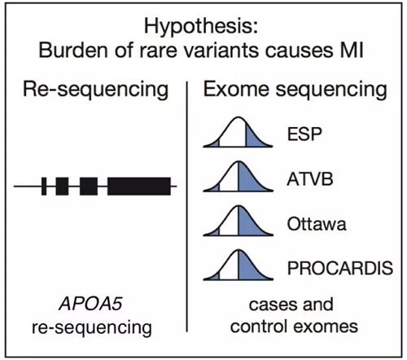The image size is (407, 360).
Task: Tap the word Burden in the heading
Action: [73, 50]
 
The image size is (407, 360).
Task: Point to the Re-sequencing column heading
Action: [95, 90]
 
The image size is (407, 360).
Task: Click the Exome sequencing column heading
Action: [295, 90]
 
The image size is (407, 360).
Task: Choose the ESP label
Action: [304, 134]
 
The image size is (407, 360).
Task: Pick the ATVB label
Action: [310, 179]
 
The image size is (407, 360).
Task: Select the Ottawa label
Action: [317, 224]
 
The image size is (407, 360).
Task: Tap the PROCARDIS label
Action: [340, 268]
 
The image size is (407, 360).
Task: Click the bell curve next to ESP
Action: [238, 132]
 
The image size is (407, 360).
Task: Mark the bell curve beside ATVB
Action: [238, 177]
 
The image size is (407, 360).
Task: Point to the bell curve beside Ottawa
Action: [238, 222]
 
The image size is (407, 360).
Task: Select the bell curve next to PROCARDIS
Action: [238, 266]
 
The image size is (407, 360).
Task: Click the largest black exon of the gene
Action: [139, 187]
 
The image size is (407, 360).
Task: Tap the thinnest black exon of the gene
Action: [44, 187]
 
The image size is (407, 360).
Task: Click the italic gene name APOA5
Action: [90, 304]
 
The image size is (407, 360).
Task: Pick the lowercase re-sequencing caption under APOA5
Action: [92, 327]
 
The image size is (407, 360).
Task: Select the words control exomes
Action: [294, 326]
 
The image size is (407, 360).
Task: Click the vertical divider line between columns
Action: [187, 206]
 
